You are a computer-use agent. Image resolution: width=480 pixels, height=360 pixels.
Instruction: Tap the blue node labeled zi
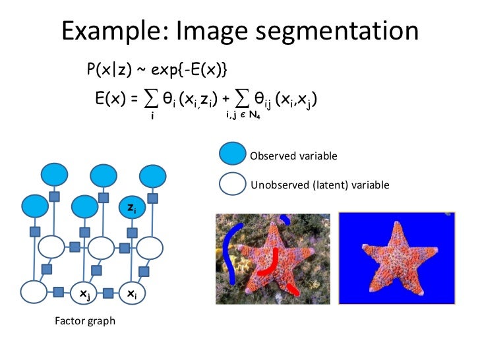(131, 208)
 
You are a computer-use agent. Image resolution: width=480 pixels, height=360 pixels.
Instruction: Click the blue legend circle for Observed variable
(233, 156)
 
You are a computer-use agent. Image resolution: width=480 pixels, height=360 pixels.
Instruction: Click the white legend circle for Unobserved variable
(233, 184)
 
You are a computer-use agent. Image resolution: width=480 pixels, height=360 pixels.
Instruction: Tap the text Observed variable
(293, 156)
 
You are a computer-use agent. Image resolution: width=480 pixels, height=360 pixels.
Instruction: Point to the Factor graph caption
(84, 321)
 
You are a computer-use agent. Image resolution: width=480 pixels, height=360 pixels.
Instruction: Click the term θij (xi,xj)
(284, 100)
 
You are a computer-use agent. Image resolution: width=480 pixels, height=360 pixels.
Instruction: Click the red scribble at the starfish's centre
(271, 264)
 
